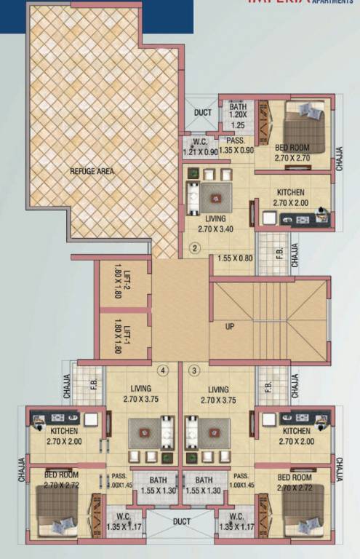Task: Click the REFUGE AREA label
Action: pyautogui.click(x=92, y=171)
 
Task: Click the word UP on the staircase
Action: pyautogui.click(x=230, y=325)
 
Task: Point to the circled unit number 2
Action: pyautogui.click(x=195, y=247)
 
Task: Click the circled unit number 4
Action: pyautogui.click(x=164, y=370)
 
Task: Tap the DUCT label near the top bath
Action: pyautogui.click(x=202, y=113)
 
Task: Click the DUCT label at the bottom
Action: pyautogui.click(x=181, y=521)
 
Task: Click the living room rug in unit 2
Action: pyautogui.click(x=215, y=195)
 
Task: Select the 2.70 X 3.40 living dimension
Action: pyautogui.click(x=216, y=228)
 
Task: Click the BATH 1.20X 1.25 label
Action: pyautogui.click(x=239, y=115)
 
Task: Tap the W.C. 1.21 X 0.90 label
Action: pyautogui.click(x=200, y=147)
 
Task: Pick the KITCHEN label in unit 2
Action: pyautogui.click(x=289, y=192)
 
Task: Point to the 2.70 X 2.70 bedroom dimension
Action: pyautogui.click(x=294, y=157)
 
